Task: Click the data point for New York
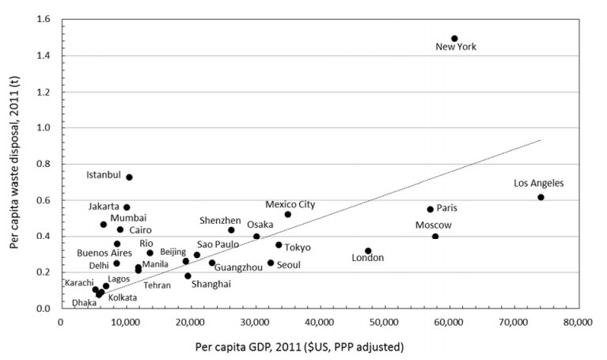pos(454,38)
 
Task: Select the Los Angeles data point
pos(541,197)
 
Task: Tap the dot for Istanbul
pos(129,177)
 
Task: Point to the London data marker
pos(368,251)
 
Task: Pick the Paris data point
pos(431,210)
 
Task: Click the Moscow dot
pos(435,237)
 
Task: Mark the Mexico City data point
pos(288,214)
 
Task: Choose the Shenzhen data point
pos(231,230)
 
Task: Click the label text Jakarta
pos(104,207)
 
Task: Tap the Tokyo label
pos(298,248)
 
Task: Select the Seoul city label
pos(288,264)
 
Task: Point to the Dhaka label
pos(84,302)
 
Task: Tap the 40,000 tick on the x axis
pos(319,323)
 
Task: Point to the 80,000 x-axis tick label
pos(578,323)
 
